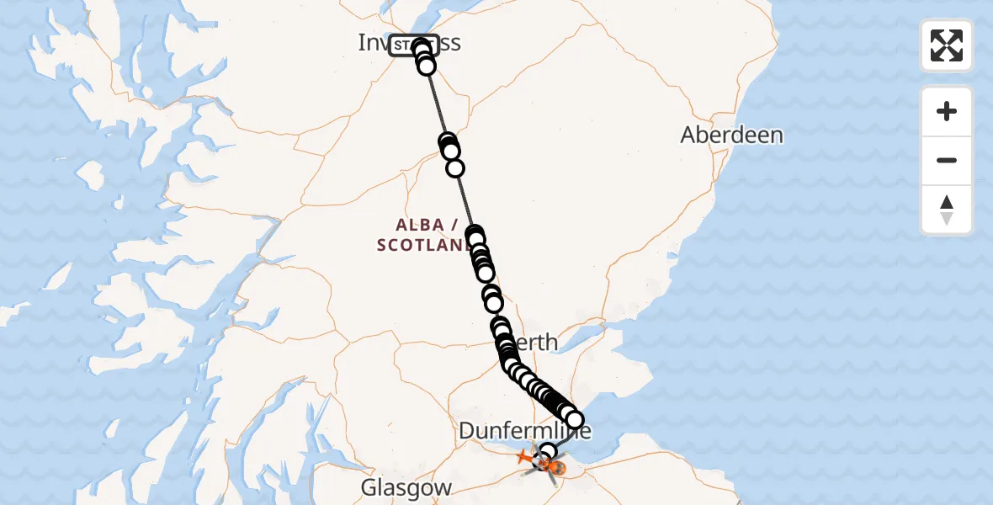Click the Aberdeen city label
pos(731,135)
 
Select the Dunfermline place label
pos(524,432)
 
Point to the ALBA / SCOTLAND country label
pos(427,235)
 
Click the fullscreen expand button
pos(947,45)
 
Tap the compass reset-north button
pos(947,210)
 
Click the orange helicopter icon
pos(548,463)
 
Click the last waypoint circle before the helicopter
pos(548,453)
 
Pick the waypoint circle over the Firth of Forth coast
pos(574,419)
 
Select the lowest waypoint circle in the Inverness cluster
pos(427,66)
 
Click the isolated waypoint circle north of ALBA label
pos(455,168)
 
